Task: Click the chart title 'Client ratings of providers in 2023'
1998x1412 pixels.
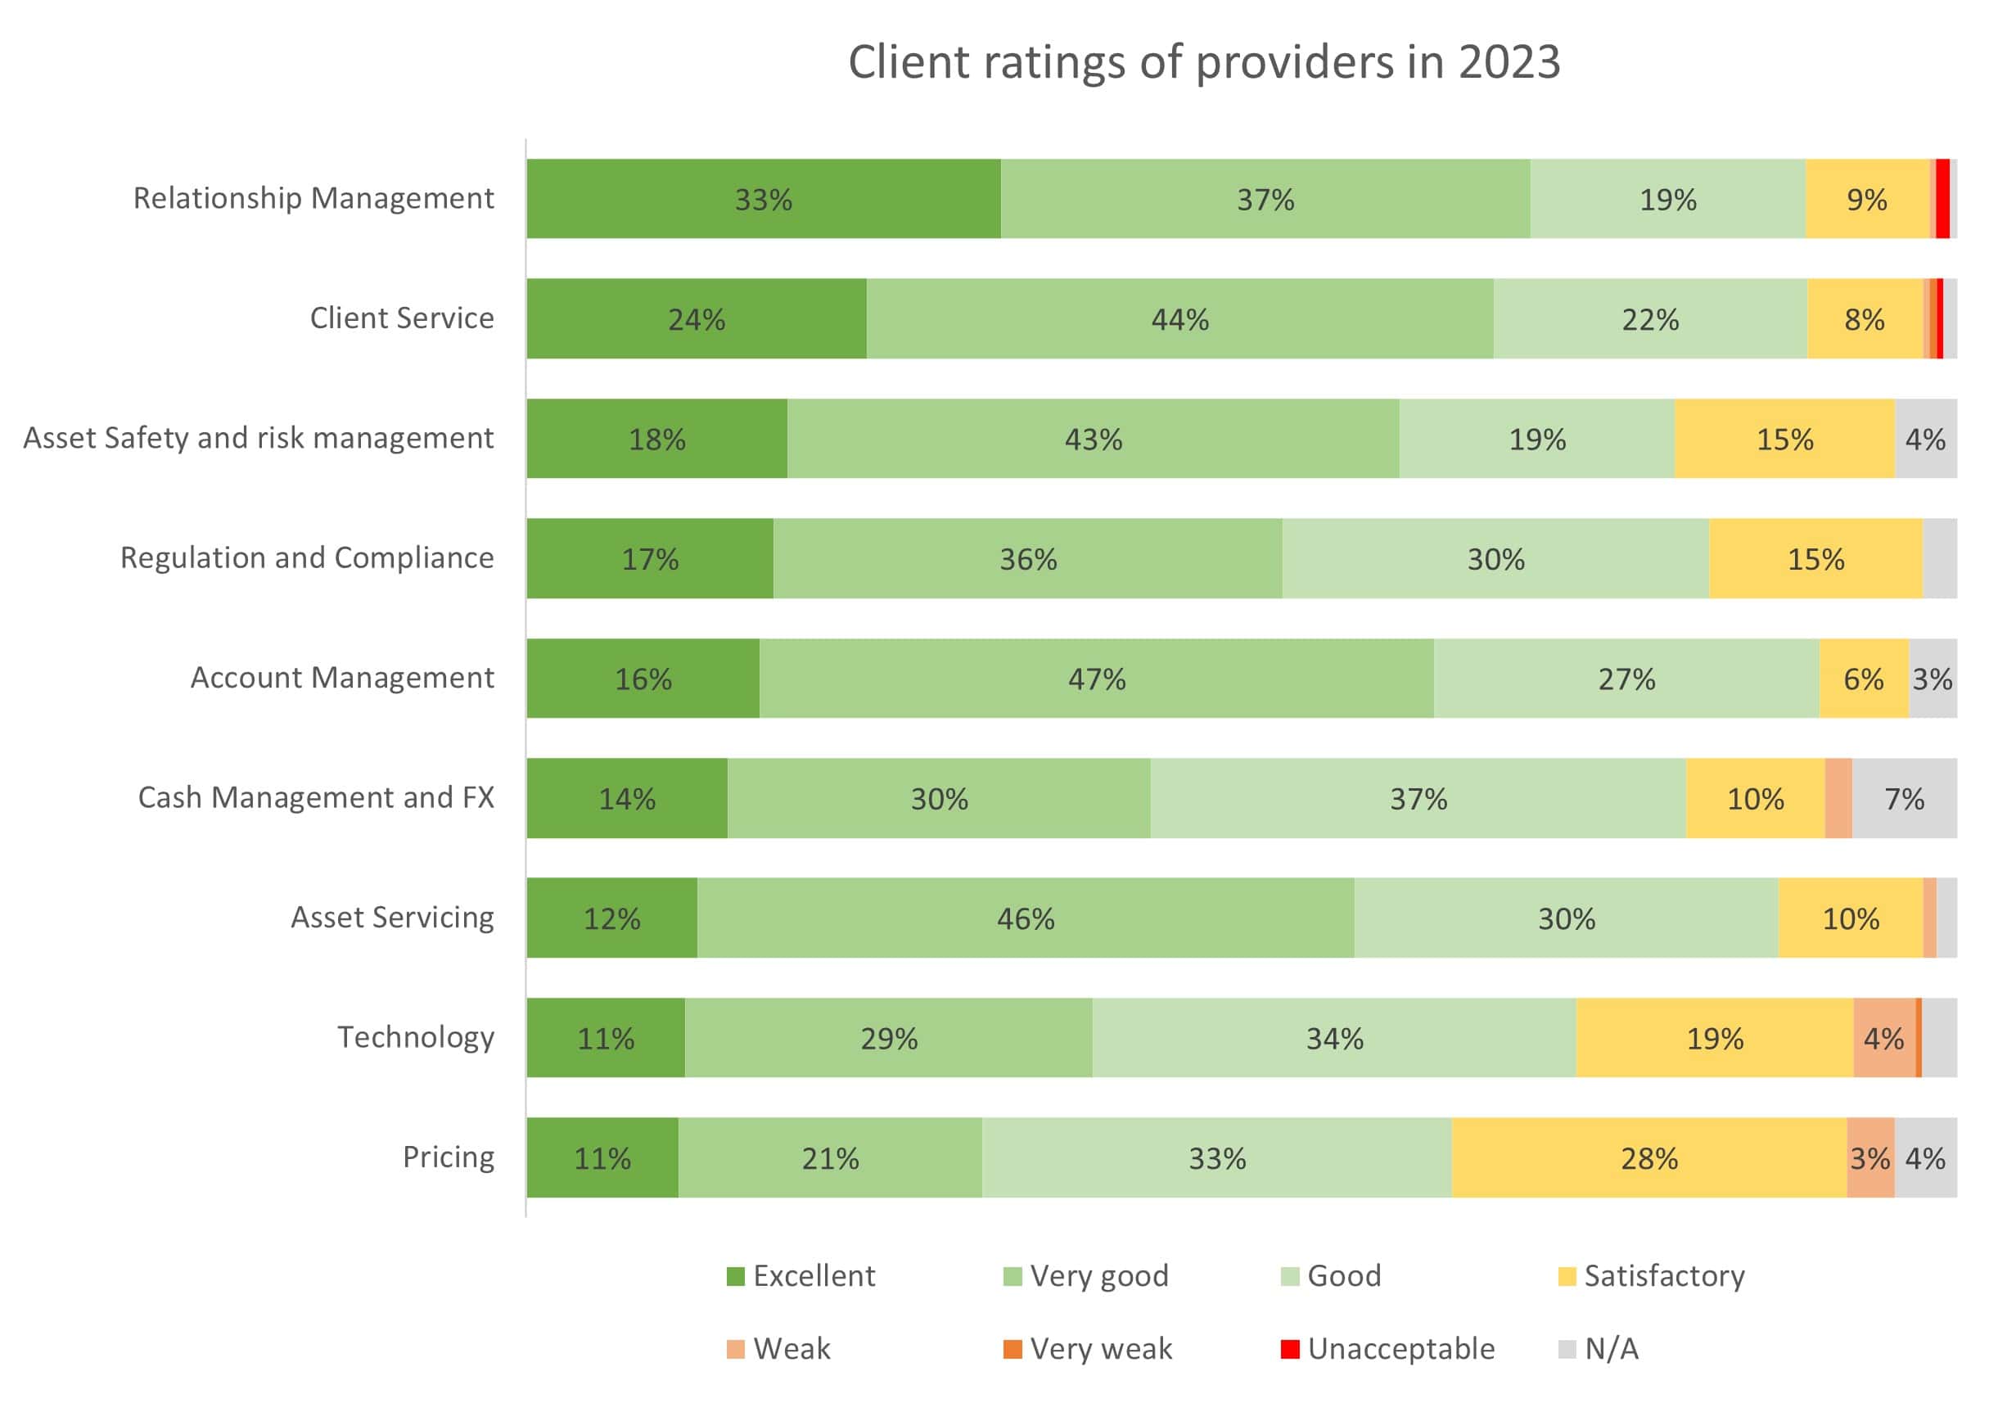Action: (1203, 63)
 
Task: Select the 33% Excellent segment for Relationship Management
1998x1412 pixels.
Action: (763, 199)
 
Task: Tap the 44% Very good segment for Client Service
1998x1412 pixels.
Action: (1179, 319)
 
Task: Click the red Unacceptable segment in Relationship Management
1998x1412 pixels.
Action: (1942, 199)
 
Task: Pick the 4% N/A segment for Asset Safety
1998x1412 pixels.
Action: (1925, 440)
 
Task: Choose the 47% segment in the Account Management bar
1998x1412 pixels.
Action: (1097, 679)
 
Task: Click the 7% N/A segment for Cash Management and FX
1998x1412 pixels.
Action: (1904, 799)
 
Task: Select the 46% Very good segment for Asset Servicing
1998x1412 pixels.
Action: (1025, 918)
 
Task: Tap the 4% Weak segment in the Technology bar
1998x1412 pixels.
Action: (1884, 1038)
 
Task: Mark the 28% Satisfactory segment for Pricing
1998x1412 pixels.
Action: (1649, 1158)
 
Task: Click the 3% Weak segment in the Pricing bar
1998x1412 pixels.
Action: (1870, 1158)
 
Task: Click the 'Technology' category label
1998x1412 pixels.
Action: (415, 1037)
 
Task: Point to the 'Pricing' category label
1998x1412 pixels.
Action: (449, 1157)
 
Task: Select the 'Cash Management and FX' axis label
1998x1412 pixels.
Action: (316, 798)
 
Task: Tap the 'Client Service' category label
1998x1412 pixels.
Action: (401, 318)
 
